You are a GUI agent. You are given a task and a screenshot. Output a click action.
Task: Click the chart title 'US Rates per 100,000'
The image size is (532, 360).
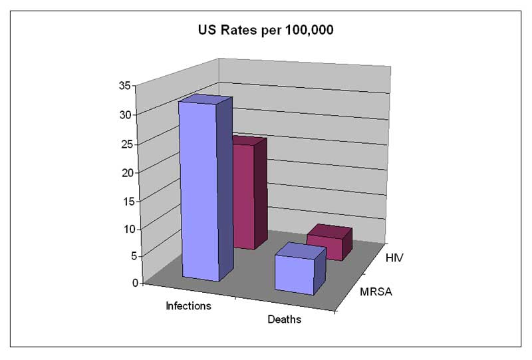click(x=265, y=30)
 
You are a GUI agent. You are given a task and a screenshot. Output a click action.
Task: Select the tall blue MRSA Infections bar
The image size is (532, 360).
click(x=199, y=193)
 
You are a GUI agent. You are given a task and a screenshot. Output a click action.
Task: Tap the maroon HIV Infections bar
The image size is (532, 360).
click(x=244, y=196)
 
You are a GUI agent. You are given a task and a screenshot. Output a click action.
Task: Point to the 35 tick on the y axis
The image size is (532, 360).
click(x=124, y=86)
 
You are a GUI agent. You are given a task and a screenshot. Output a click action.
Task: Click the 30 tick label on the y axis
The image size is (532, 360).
click(x=124, y=114)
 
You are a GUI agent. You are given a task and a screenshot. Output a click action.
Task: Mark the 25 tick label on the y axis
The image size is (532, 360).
click(x=124, y=144)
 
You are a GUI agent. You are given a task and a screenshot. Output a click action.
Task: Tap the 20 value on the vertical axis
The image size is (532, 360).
click(x=124, y=172)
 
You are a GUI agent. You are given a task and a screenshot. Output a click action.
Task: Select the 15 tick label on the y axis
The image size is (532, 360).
click(x=124, y=201)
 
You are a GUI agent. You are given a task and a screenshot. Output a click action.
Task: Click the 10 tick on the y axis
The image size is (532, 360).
click(x=124, y=229)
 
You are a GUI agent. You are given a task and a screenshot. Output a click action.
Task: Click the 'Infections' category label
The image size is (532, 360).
click(x=188, y=306)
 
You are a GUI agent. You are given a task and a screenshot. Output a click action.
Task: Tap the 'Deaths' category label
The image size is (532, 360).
click(x=284, y=319)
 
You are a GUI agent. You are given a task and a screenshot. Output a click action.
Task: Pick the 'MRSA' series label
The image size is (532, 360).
click(x=376, y=291)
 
